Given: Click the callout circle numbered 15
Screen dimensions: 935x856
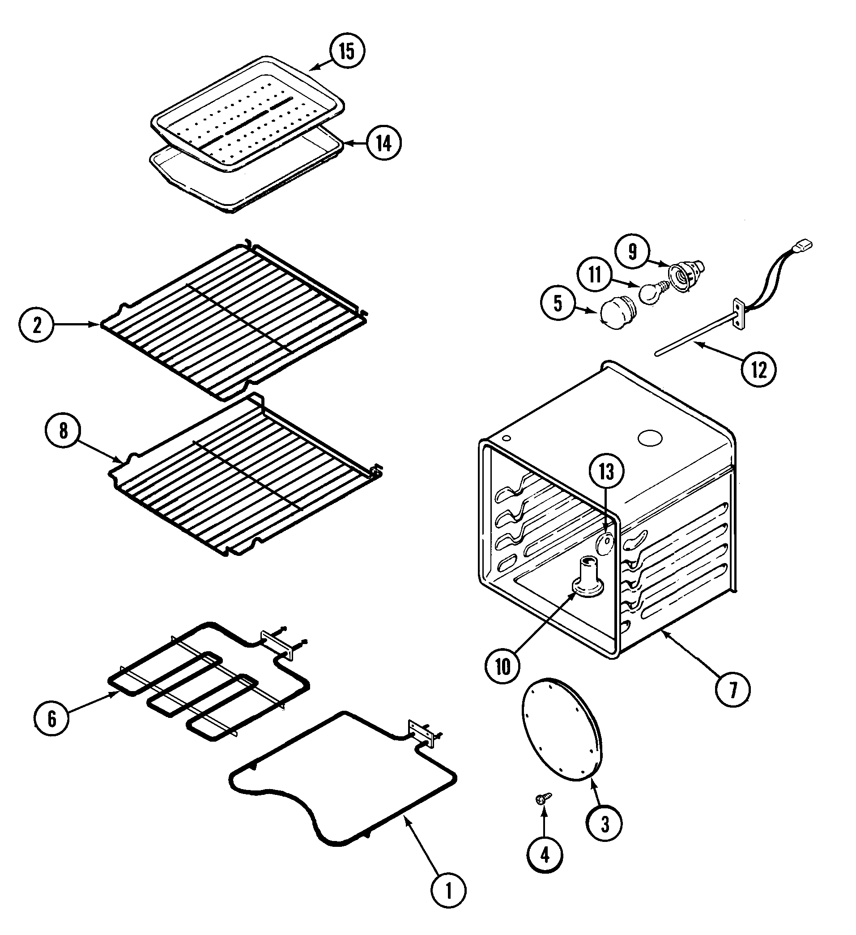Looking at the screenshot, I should point(347,51).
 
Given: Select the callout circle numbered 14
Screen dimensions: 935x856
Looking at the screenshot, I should point(383,143).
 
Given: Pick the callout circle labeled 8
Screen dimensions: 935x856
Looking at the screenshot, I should point(63,431).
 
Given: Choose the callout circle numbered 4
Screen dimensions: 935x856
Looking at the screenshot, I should point(545,854).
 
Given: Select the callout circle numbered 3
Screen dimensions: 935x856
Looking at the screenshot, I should point(604,823).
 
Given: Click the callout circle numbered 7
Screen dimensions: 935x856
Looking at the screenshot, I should point(733,690).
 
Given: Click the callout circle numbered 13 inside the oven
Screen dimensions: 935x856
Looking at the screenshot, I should point(606,471).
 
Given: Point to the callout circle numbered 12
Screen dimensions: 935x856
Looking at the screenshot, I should point(758,370).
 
